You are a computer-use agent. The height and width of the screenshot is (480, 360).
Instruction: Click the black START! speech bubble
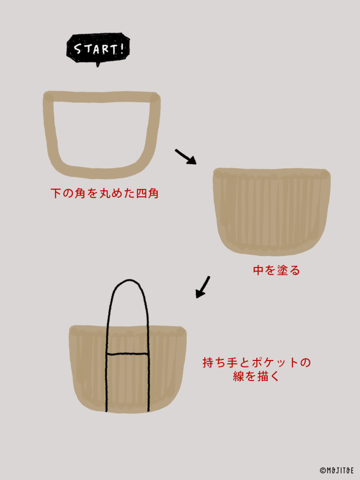pos(98,49)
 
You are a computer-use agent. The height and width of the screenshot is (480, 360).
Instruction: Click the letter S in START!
pos(77,49)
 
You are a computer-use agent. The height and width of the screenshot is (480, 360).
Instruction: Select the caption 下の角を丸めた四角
pos(105,194)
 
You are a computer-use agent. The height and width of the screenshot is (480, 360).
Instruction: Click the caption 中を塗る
pos(277,270)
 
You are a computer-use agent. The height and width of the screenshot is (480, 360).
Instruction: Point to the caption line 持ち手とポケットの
pos(256,362)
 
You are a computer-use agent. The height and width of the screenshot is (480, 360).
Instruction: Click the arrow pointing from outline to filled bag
pos(186,157)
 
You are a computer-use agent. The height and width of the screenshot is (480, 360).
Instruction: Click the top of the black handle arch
pos(129,280)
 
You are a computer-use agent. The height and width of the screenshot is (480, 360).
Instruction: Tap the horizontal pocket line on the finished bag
pos(127,354)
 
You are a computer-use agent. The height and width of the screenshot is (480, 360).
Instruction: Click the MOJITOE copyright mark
pos(337,470)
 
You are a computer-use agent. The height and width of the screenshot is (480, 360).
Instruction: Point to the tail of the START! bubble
pos(98,65)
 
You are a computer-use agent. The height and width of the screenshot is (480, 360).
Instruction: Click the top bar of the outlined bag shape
pos(102,97)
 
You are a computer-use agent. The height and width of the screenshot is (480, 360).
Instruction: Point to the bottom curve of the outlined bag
pos(101,172)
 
